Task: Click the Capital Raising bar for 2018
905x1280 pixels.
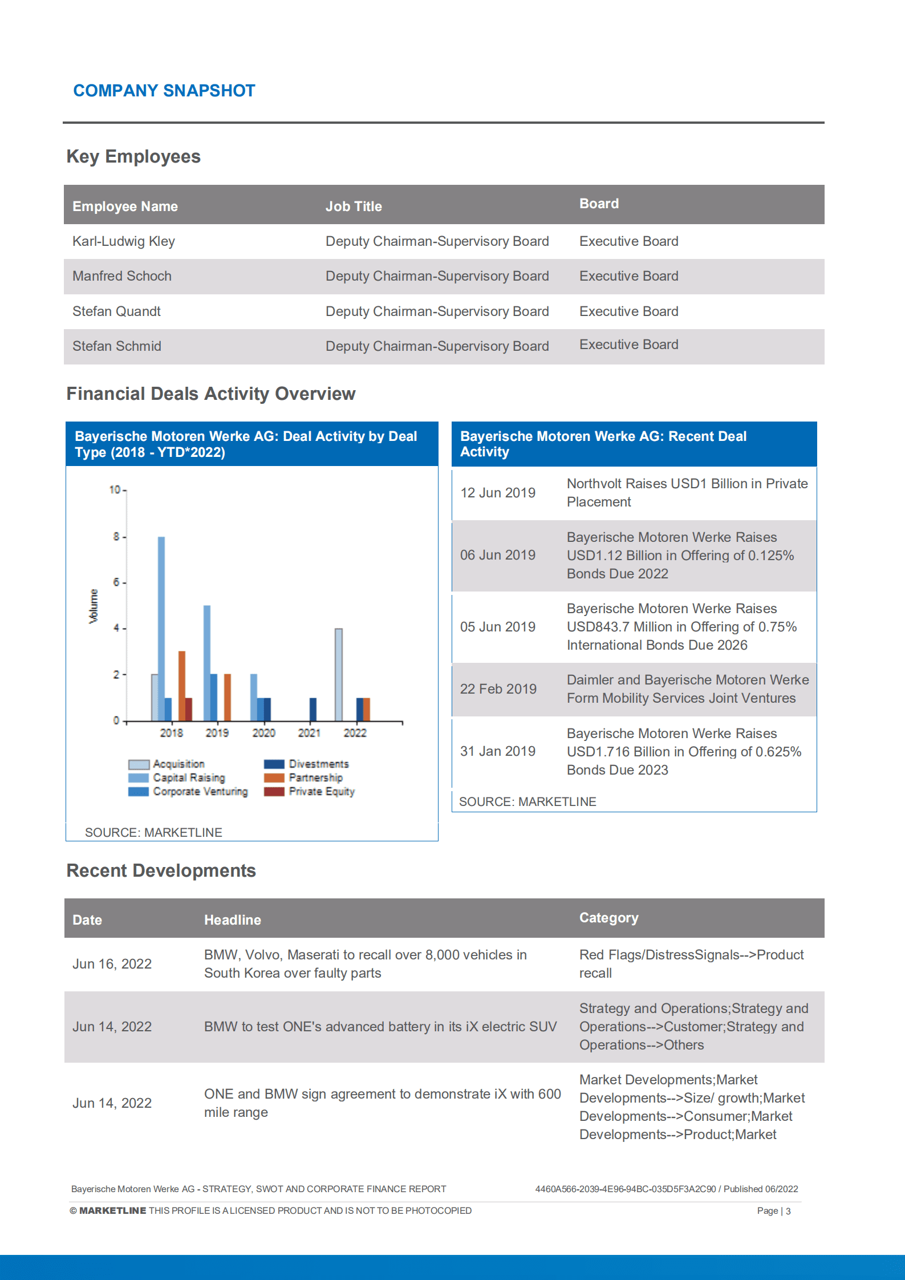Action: [161, 627]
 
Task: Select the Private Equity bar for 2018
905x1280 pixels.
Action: [189, 709]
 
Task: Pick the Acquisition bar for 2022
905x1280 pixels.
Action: [339, 674]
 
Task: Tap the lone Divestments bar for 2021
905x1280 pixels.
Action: [313, 709]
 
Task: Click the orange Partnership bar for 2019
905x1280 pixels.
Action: [228, 697]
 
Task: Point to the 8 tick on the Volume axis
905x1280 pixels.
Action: [116, 537]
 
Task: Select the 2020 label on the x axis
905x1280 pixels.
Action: [263, 733]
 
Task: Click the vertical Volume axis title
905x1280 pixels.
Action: [94, 606]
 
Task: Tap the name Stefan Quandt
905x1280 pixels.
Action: [116, 311]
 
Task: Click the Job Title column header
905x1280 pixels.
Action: [354, 206]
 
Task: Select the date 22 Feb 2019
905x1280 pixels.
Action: [498, 689]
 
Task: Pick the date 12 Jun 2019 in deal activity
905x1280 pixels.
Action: [498, 493]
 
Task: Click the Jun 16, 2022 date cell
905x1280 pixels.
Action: [112, 964]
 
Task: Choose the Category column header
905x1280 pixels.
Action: [608, 918]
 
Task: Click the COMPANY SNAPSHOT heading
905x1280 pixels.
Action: [164, 91]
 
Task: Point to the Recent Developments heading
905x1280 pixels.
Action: [161, 870]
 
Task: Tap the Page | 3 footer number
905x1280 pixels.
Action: [773, 1211]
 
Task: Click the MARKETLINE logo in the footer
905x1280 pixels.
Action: [112, 1210]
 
